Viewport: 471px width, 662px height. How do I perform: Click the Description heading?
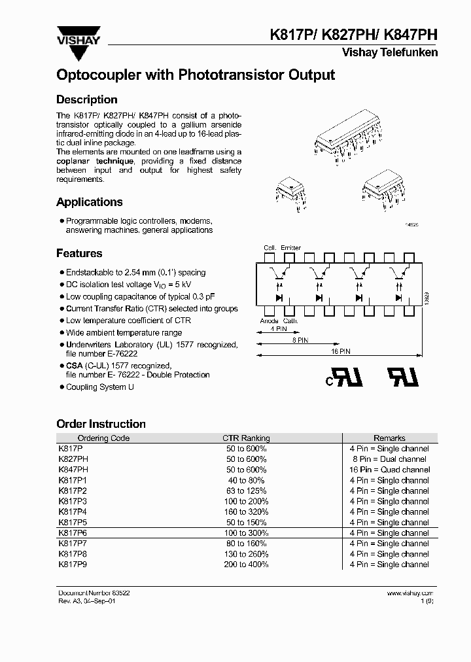[x=87, y=99]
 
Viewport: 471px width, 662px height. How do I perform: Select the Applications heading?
[x=90, y=202]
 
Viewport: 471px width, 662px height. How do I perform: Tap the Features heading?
[x=79, y=253]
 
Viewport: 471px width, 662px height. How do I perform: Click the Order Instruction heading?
[x=101, y=424]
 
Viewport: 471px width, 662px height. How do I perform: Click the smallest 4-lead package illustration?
[x=285, y=190]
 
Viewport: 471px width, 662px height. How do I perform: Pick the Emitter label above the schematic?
[x=290, y=248]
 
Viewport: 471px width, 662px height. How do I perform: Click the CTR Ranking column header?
[x=246, y=438]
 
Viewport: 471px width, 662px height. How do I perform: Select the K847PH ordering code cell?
[x=73, y=470]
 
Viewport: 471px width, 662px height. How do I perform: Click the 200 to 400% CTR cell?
[x=246, y=565]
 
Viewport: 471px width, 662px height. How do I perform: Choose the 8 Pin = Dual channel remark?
[x=389, y=459]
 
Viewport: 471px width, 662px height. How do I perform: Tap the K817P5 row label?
[x=72, y=523]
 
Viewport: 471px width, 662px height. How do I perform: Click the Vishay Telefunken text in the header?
[x=389, y=52]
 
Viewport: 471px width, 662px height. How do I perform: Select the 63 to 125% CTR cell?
[x=246, y=491]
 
